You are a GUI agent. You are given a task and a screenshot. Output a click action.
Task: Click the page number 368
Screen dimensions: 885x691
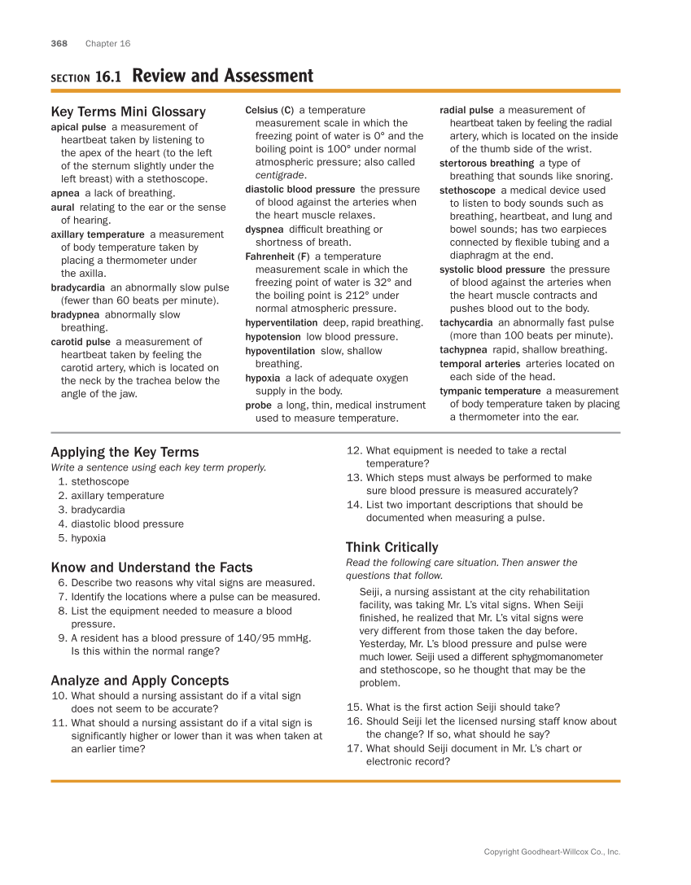59,43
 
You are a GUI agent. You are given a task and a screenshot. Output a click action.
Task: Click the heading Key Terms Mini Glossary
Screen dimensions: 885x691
128,112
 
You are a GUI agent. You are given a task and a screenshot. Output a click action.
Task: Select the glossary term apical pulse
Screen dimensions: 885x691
78,127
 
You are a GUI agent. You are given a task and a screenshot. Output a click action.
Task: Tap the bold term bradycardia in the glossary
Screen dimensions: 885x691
77,287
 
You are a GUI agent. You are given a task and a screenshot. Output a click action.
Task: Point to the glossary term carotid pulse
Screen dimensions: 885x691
81,342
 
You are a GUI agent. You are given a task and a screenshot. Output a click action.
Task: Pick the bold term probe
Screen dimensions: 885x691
258,405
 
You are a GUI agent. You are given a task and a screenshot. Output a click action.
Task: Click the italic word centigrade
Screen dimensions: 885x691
280,175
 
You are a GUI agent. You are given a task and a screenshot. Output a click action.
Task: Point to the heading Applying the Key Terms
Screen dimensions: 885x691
125,452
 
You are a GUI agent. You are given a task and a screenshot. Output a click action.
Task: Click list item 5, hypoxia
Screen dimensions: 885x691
88,538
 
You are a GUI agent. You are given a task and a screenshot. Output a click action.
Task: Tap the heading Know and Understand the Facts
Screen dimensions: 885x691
151,567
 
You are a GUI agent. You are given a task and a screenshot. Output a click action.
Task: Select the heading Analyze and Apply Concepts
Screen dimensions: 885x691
139,681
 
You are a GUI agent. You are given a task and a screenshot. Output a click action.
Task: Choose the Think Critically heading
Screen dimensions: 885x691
391,547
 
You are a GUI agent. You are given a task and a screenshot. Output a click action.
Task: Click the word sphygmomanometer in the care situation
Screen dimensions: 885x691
554,657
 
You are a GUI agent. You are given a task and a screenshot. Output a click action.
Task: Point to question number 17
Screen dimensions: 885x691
354,748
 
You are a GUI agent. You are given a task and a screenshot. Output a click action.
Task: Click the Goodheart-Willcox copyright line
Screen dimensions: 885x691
552,852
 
